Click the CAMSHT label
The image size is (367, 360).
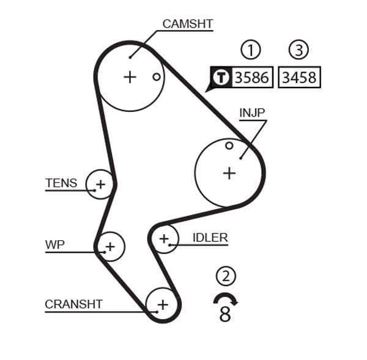point(187,24)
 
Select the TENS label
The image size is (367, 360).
point(61,183)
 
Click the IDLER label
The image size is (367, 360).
point(210,238)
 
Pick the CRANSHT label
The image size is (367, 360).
point(73,304)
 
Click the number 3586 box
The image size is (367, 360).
point(252,78)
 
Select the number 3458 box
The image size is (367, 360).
point(298,78)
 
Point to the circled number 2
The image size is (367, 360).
point(226,277)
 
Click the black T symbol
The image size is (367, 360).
point(220,78)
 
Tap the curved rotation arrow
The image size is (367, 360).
point(226,299)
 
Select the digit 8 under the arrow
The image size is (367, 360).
point(225,315)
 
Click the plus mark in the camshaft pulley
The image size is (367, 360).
point(130,77)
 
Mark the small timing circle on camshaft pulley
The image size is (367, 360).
point(157,77)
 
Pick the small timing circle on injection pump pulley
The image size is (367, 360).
point(229,145)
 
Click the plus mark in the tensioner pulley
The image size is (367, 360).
point(100,183)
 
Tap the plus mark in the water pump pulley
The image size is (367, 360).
point(109,247)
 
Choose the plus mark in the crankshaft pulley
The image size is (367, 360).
point(163,304)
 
